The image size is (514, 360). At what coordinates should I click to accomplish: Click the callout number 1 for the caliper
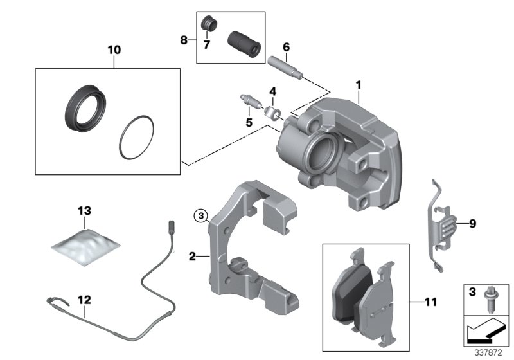(x=359, y=84)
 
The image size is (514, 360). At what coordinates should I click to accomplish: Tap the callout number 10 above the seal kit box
(x=114, y=48)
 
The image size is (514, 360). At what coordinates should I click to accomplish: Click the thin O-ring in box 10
(x=137, y=138)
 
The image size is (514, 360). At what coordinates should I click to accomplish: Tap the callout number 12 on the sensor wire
(x=84, y=300)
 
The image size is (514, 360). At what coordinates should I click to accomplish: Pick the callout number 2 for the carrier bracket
(x=191, y=256)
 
